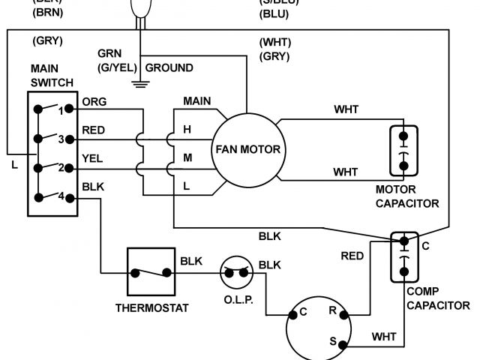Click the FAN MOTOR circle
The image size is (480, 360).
point(247,148)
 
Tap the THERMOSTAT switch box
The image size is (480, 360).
point(151,273)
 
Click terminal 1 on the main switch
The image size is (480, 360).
point(68,109)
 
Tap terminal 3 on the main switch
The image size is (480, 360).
point(68,138)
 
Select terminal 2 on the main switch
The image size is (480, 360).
point(68,167)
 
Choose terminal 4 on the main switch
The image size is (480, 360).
point(68,197)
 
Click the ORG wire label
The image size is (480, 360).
point(94,102)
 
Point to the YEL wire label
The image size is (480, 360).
point(93,159)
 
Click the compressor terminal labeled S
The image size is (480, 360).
point(343,345)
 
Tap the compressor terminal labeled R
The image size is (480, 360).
point(343,310)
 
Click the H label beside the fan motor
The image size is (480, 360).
point(187,129)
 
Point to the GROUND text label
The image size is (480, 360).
point(169,67)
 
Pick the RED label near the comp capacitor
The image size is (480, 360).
point(352,256)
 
